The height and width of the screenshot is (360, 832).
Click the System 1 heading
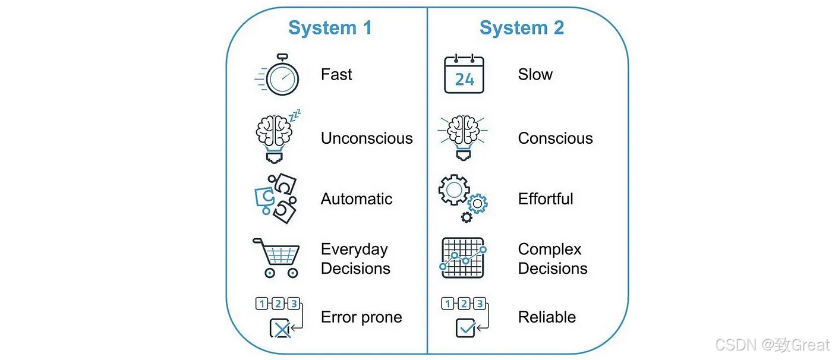pyautogui.click(x=330, y=28)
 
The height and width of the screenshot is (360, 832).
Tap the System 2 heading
pyautogui.click(x=522, y=28)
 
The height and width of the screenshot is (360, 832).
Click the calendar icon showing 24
pyautogui.click(x=464, y=74)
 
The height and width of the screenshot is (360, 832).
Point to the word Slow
pyautogui.click(x=535, y=74)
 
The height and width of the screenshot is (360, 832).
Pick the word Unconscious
pyautogui.click(x=367, y=138)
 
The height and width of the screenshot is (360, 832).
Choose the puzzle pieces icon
pyautogui.click(x=276, y=198)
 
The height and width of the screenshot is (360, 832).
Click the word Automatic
pyautogui.click(x=357, y=199)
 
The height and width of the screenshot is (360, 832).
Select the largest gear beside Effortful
pyautogui.click(x=454, y=190)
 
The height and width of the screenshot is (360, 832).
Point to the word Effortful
pyautogui.click(x=546, y=199)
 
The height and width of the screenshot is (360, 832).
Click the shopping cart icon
pyautogui.click(x=276, y=258)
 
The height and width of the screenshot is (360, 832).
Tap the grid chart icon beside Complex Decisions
pyautogui.click(x=463, y=258)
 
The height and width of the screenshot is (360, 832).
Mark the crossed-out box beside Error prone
pyautogui.click(x=281, y=328)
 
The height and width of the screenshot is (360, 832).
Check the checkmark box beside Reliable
pyautogui.click(x=465, y=328)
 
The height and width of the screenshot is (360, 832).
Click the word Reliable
pyautogui.click(x=547, y=317)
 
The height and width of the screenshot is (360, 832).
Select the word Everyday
pyautogui.click(x=354, y=250)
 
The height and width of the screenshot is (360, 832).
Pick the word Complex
pyautogui.click(x=550, y=250)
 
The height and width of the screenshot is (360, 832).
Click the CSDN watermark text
pyautogui.click(x=772, y=345)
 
